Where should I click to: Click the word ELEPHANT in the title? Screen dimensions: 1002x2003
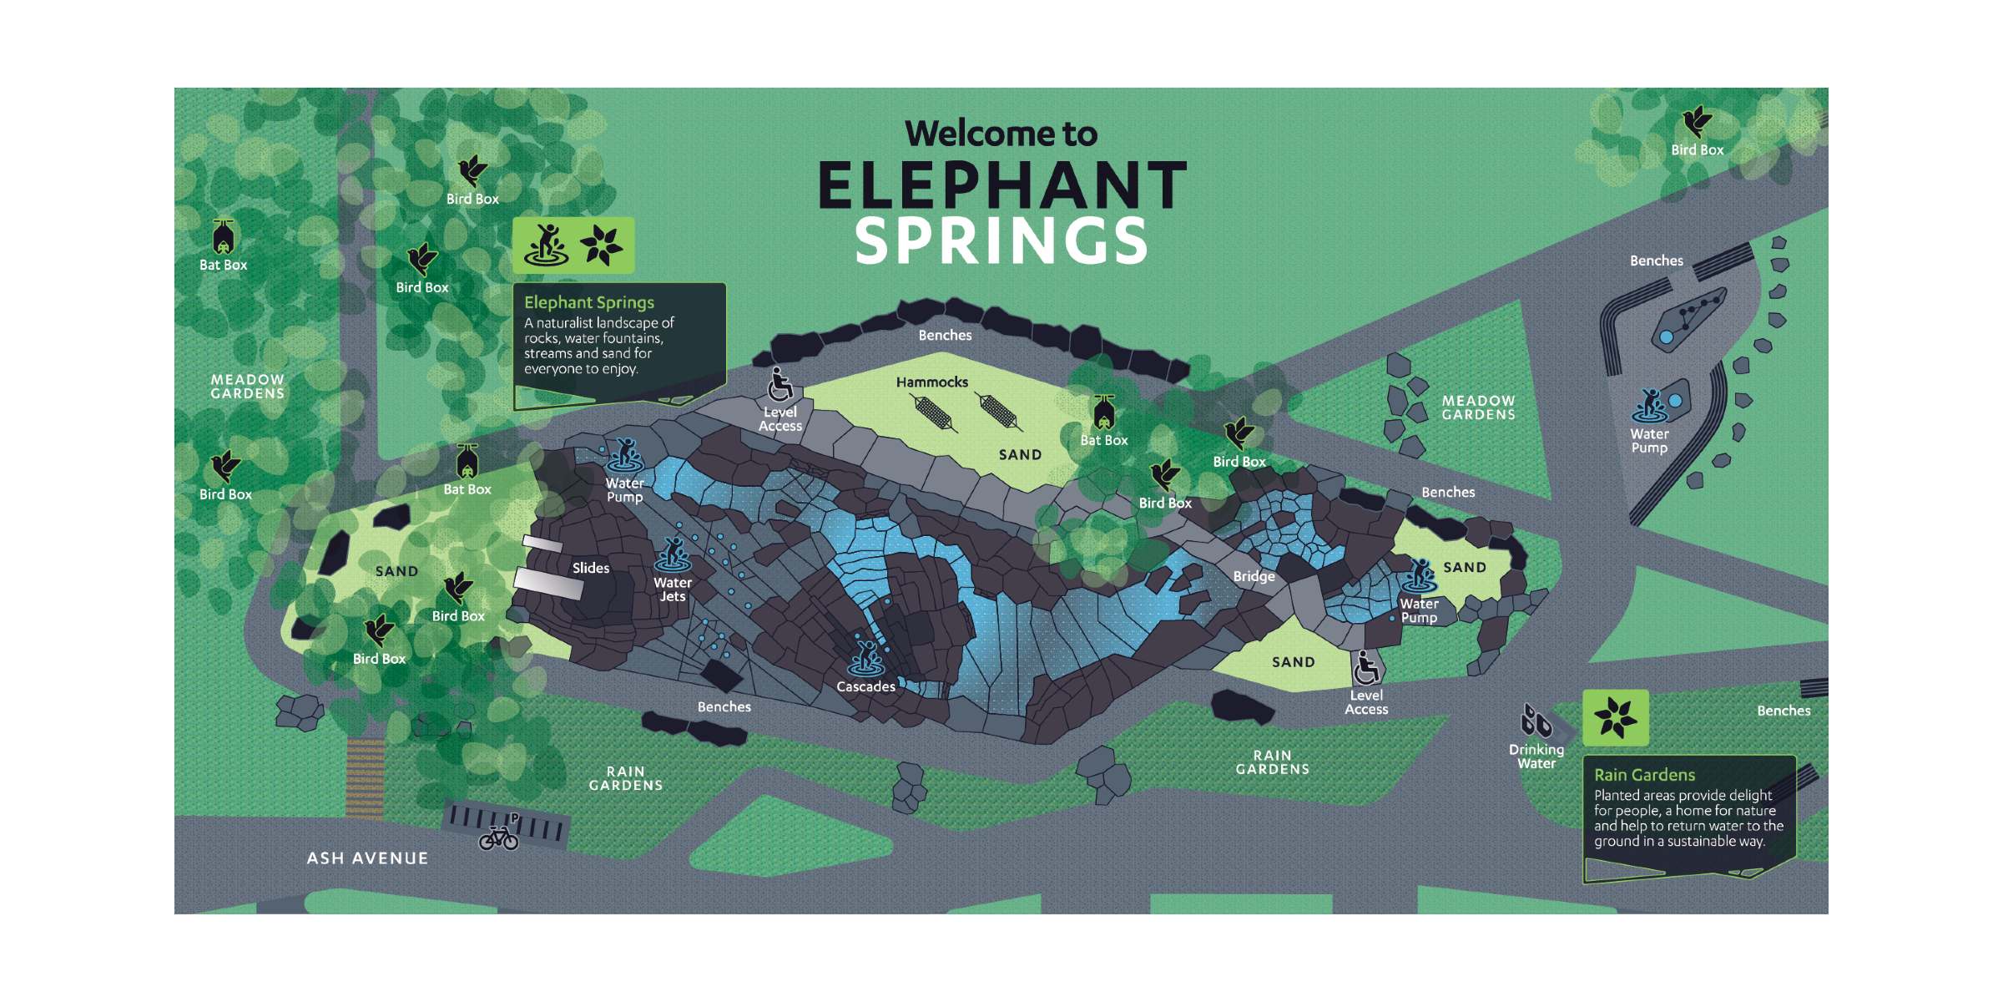[1001, 185]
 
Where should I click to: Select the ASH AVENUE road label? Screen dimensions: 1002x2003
[367, 858]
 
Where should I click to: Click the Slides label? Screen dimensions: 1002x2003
[591, 569]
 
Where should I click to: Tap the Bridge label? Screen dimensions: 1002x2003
[1254, 576]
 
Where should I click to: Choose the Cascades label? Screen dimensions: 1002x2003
[865, 686]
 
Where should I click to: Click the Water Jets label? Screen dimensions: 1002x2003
[673, 590]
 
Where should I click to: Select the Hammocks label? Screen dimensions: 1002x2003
[932, 382]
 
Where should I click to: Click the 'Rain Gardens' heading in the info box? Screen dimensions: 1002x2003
[1644, 775]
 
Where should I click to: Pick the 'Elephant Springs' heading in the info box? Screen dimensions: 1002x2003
[589, 302]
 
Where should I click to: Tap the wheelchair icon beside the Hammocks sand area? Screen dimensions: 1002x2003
[780, 386]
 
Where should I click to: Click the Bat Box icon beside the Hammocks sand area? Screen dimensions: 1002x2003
[1104, 412]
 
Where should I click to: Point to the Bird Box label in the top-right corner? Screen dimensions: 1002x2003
[1697, 150]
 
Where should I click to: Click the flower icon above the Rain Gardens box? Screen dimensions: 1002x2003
[1616, 717]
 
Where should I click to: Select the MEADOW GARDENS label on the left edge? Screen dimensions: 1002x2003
[247, 387]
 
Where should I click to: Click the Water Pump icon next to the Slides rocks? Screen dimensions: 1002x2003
[624, 455]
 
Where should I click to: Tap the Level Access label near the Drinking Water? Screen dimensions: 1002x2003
[1366, 702]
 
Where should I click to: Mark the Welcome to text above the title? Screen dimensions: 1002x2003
[1001, 134]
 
